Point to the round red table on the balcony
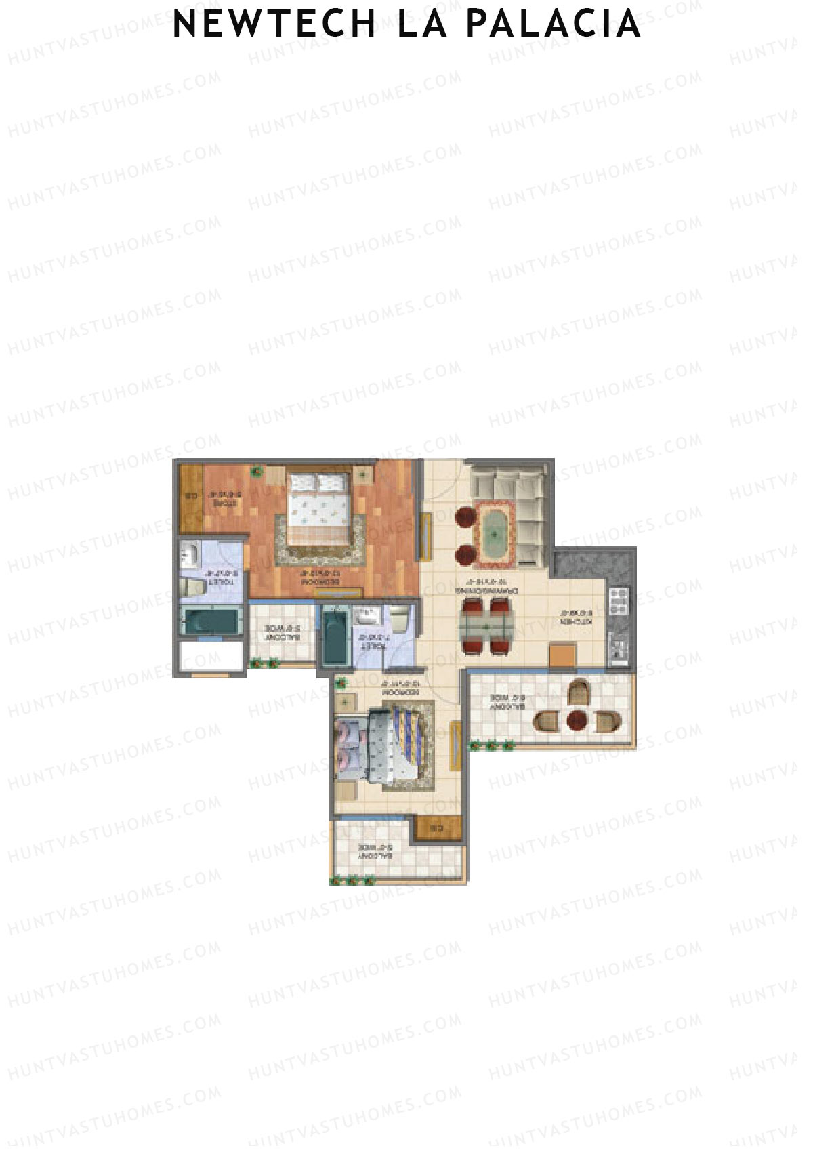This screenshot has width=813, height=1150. click(x=577, y=720)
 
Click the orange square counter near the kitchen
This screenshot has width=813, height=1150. click(x=562, y=655)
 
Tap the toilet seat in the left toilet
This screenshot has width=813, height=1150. click(x=192, y=586)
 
